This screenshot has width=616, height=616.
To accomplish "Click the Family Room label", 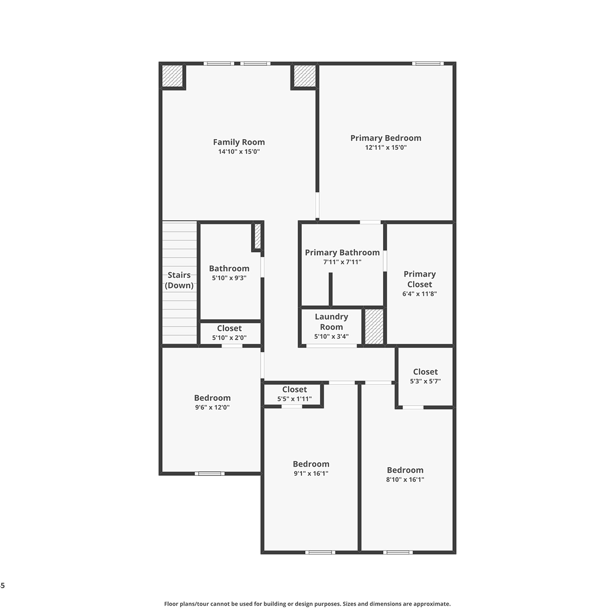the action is tap(239, 142).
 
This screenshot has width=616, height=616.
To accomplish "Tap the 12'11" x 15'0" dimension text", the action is tap(386, 147).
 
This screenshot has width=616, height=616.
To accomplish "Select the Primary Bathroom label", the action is tap(342, 253).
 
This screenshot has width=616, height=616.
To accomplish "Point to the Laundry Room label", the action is tap(331, 321).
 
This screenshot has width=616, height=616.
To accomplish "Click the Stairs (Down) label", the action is tap(179, 280).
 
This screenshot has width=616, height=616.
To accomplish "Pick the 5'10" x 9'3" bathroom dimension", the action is tap(229, 278).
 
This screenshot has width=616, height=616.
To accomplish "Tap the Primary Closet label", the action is tap(419, 279).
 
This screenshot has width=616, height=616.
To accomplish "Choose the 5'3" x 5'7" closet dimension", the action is tap(425, 381).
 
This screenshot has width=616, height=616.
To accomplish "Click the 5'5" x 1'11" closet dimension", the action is tap(295, 399).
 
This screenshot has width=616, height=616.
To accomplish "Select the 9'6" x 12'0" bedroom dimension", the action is tap(212, 407).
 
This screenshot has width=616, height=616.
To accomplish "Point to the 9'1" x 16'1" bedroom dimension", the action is tap(311, 473).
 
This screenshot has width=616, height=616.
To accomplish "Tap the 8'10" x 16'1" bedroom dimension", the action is tap(405, 479).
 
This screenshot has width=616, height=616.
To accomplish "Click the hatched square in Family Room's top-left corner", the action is tap(172, 76).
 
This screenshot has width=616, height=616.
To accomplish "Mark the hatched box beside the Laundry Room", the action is tap(374, 326).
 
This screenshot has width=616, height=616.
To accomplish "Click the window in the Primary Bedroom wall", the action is tap(428, 64).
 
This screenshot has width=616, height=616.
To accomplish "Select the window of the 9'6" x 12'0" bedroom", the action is tap(209, 473).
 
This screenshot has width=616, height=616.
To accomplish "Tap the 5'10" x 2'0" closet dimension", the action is tap(229, 338).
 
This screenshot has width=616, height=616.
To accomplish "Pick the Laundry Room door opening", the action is tap(332, 346).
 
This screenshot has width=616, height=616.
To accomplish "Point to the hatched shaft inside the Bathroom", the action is tap(258, 236).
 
